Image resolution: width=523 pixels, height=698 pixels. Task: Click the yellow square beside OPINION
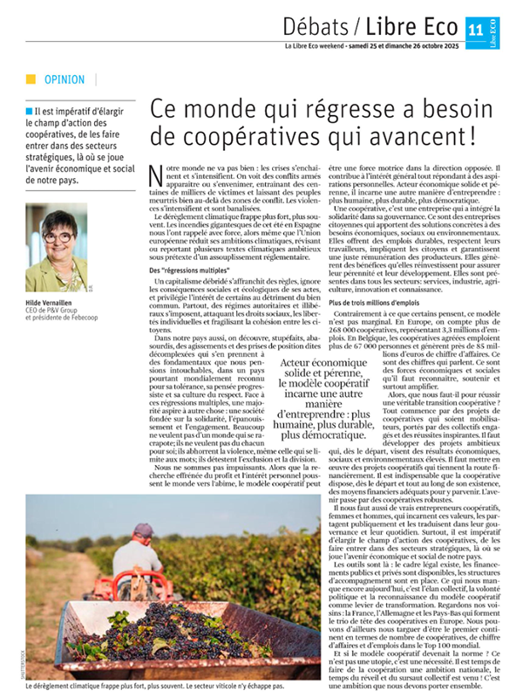click(x=31, y=79)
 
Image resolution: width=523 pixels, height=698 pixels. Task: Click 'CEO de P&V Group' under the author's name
click(x=59, y=307)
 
